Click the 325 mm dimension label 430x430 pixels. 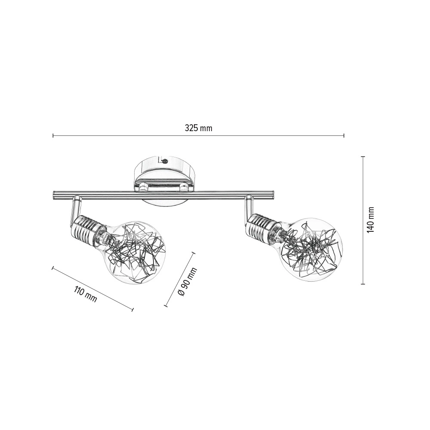coord(199,128)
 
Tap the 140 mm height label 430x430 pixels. coord(371,220)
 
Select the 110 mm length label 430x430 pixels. coord(85,294)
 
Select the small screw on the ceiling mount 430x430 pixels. coord(165,162)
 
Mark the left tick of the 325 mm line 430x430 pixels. coord(53,135)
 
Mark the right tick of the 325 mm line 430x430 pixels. coord(344,135)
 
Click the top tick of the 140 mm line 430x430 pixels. coord(363,157)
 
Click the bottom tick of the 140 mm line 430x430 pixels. coord(363,284)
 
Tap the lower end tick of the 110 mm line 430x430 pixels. coord(132,310)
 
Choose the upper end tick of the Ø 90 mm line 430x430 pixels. coord(193,253)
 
